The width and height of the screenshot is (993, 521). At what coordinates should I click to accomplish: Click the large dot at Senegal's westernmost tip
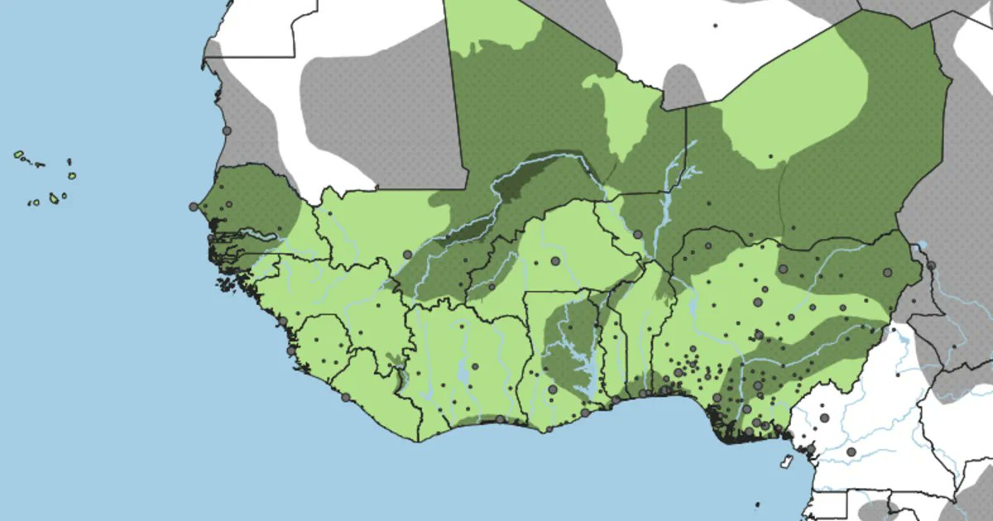(194, 207)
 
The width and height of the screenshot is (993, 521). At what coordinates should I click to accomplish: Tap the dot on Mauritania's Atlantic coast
(227, 131)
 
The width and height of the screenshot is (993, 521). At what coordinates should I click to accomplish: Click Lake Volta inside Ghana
(579, 364)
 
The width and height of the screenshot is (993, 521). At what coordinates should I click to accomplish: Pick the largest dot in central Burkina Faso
(554, 260)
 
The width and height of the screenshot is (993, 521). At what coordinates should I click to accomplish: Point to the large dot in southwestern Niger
(637, 235)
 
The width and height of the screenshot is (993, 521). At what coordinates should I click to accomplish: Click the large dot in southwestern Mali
(406, 255)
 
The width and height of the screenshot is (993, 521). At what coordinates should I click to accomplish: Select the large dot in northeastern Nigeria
(887, 271)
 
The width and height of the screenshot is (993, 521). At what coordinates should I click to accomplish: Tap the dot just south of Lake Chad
(930, 265)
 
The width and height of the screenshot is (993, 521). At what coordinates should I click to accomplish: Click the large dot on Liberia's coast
(345, 397)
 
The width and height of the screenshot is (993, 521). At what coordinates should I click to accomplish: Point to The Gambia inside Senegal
(240, 234)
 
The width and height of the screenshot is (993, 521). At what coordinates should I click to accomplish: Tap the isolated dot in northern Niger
(770, 155)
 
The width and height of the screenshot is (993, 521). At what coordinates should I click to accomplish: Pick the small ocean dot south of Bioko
(756, 504)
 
